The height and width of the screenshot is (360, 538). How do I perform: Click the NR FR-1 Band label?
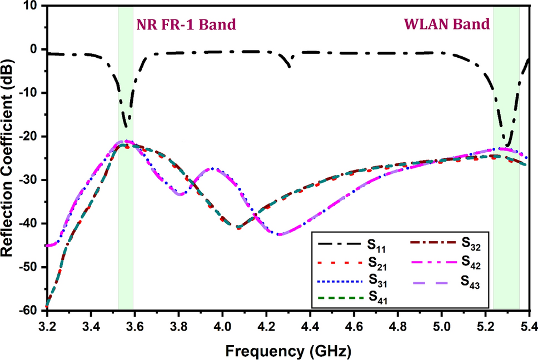186,24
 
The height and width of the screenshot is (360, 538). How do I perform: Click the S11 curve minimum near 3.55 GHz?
127,125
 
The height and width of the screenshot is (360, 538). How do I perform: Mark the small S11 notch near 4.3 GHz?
290,66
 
